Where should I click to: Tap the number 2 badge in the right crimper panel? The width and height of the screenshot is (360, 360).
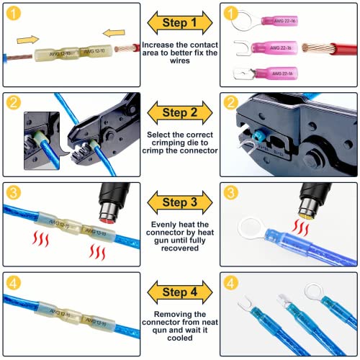tap(230, 102)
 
